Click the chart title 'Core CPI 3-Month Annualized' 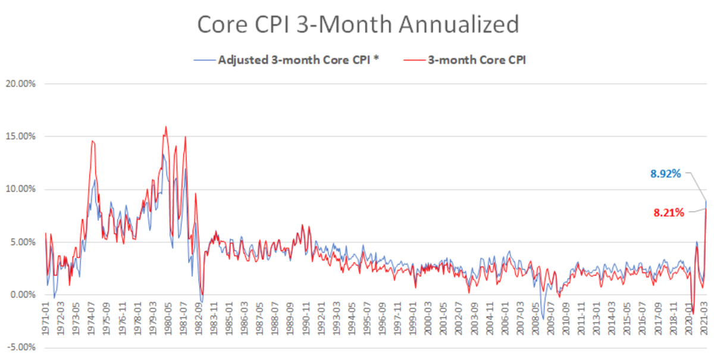[x=358, y=25]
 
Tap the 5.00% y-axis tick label [x=21, y=242]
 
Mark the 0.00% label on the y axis [x=21, y=295]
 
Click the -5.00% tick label [x=20, y=348]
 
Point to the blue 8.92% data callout [x=665, y=174]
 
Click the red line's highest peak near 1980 [x=165, y=126]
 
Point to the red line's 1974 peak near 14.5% [x=92, y=140]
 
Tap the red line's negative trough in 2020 [x=693, y=314]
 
